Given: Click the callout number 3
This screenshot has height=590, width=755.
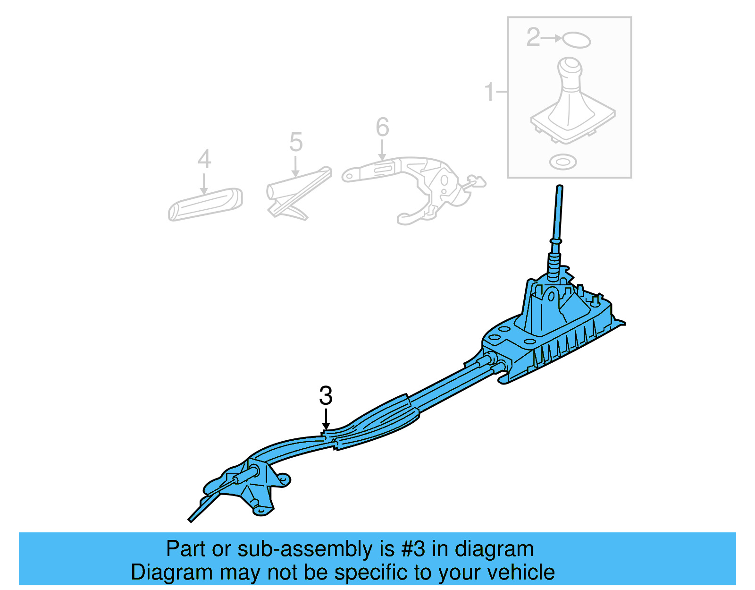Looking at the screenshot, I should tap(326, 396).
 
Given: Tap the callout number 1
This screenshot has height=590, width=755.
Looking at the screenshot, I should tap(489, 92).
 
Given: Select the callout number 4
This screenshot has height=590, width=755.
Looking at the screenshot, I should tap(204, 159).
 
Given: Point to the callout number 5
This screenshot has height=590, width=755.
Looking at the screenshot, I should tap(296, 142).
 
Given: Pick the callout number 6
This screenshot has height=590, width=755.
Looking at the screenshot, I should tap(382, 127).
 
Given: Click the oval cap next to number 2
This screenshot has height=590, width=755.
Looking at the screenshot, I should tap(576, 40).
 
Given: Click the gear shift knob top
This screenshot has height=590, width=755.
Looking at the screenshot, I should tap(571, 67).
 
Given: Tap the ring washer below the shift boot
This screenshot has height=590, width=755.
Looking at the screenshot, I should tap(563, 162).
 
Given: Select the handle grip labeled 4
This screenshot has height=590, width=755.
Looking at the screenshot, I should tap(205, 204).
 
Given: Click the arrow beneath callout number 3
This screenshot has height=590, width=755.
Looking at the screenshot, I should tap(326, 420).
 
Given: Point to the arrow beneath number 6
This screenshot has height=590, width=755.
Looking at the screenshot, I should tap(382, 150).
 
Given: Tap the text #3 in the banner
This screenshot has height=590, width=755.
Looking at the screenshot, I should tap(413, 549).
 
